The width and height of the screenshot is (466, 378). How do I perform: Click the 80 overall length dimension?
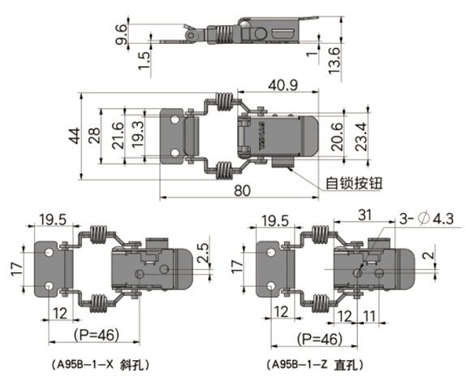click(x=242, y=190)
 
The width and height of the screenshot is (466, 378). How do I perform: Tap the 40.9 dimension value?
click(x=283, y=85)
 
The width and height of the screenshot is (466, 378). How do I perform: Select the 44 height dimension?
click(x=75, y=136)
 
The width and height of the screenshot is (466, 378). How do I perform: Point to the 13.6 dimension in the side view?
click(x=334, y=61)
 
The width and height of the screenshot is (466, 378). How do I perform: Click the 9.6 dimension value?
click(x=122, y=34)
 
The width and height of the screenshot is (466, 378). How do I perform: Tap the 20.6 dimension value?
click(x=338, y=137)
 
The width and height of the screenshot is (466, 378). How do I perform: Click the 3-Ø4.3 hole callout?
click(x=426, y=219)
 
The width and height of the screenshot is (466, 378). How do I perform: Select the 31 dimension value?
click(x=365, y=215)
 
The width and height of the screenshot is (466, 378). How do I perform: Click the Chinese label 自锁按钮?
click(x=354, y=183)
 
